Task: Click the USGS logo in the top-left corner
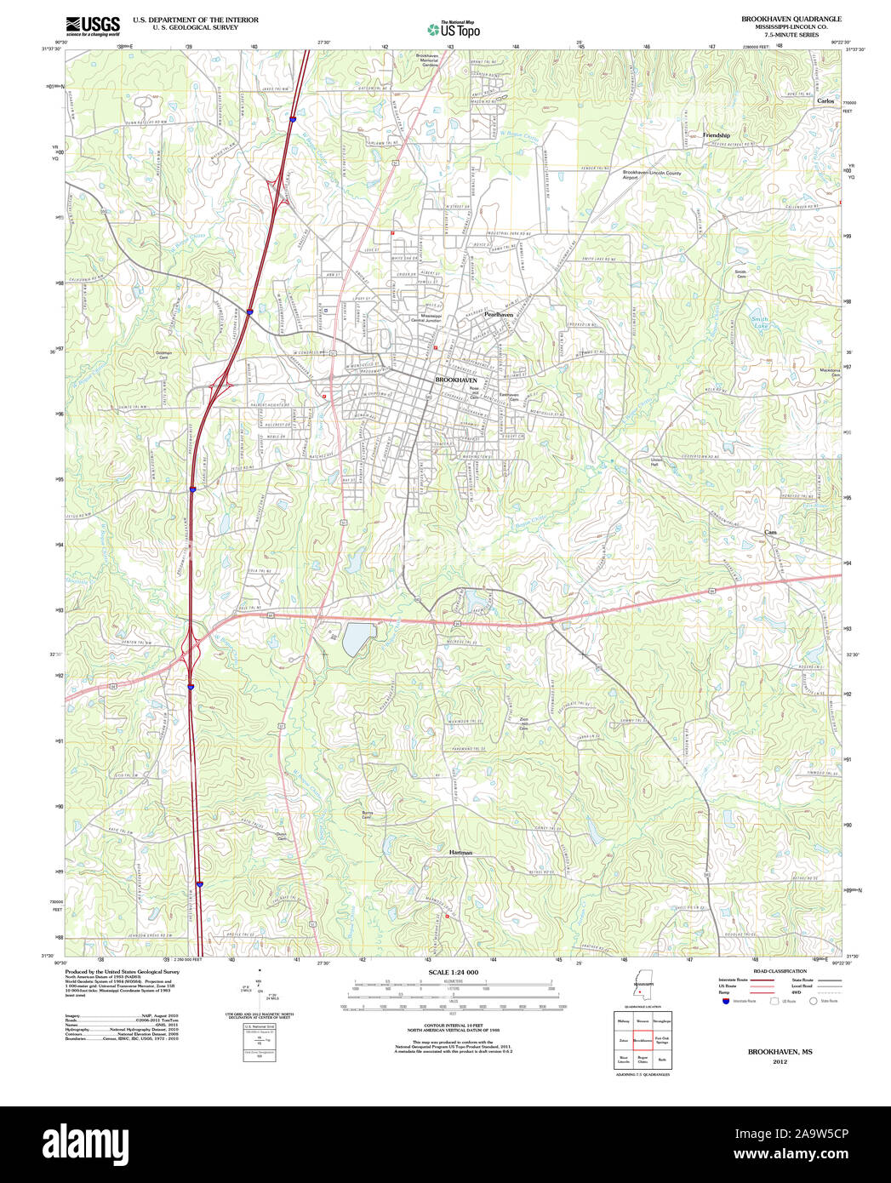point(93,25)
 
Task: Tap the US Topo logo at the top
point(454,30)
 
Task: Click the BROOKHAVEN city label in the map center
point(456,380)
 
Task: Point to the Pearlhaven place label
point(499,314)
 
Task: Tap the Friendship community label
point(716,135)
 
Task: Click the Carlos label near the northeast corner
point(825,100)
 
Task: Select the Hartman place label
point(460,852)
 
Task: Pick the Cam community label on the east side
point(770,532)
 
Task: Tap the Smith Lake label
point(760,323)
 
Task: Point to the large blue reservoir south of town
point(357,639)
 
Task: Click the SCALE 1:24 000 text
point(453,972)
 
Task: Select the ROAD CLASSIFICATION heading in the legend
point(774,971)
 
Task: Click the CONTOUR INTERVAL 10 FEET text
point(453,1026)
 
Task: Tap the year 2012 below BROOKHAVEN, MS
point(780,1062)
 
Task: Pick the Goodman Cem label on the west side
point(163,355)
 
